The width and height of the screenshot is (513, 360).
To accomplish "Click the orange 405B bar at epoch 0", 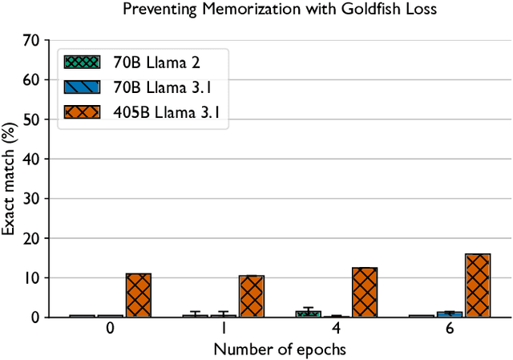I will pos(138,295).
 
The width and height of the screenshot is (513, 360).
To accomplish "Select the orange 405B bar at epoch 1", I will pos(251,296).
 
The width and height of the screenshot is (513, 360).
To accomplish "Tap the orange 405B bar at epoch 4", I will pos(364,292).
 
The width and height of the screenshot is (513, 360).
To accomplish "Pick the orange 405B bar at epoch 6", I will pos(477,285).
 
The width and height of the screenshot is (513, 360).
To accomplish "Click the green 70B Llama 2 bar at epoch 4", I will pos(308,313).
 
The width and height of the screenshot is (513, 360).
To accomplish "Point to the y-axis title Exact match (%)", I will pos(9,178).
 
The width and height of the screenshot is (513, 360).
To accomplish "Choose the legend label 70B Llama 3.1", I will pos(151,88).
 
